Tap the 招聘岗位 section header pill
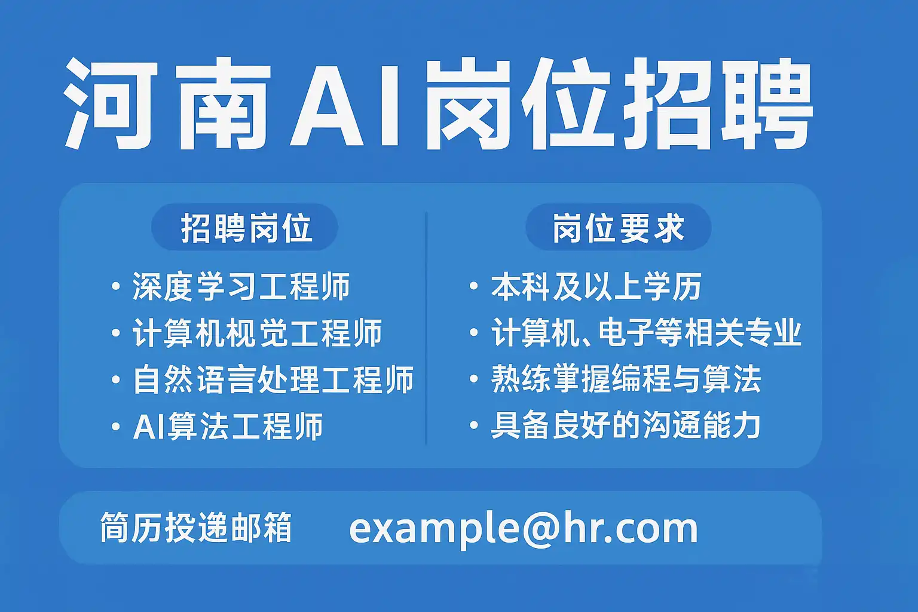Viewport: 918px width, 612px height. pyautogui.click(x=244, y=227)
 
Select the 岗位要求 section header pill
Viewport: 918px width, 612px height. pyautogui.click(x=619, y=227)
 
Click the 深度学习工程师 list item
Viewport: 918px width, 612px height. pyautogui.click(x=241, y=286)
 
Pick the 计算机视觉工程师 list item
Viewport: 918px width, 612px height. pyautogui.click(x=257, y=332)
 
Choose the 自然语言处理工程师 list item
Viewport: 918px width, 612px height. pyautogui.click(x=273, y=379)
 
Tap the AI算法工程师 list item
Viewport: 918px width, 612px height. pyautogui.click(x=228, y=426)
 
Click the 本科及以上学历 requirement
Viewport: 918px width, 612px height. pyautogui.click(x=596, y=286)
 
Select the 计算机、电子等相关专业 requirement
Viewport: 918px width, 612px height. pyautogui.click(x=646, y=332)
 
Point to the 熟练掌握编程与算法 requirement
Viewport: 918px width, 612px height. pyautogui.click(x=626, y=379)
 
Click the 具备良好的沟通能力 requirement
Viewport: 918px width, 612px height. pyautogui.click(x=626, y=426)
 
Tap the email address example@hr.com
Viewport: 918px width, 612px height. pyautogui.click(x=524, y=529)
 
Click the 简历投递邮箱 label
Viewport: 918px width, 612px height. pyautogui.click(x=196, y=528)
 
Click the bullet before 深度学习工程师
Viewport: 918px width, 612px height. pyautogui.click(x=116, y=286)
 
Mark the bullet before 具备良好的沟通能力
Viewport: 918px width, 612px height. pyautogui.click(x=474, y=426)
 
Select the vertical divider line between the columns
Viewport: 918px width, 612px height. pyautogui.click(x=426, y=328)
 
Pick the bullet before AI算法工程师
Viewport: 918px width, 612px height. pyautogui.click(x=116, y=426)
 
